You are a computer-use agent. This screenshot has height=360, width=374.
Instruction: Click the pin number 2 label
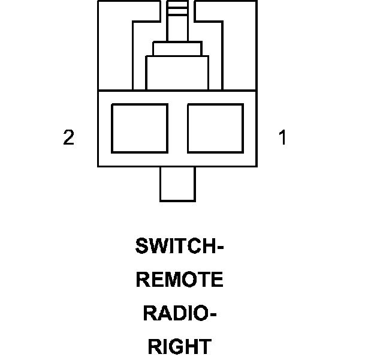click(x=69, y=137)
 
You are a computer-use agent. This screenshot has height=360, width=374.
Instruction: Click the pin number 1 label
click(x=282, y=137)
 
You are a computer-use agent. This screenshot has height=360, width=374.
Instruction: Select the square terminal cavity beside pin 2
click(x=140, y=128)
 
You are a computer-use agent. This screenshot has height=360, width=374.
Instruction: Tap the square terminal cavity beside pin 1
click(x=216, y=128)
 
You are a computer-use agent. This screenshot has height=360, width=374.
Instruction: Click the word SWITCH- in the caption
click(x=179, y=245)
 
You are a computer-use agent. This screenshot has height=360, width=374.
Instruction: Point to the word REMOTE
click(x=180, y=280)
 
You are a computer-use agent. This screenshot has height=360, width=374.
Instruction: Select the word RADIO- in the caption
click(x=180, y=313)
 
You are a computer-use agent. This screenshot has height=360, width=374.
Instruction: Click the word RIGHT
click(x=180, y=346)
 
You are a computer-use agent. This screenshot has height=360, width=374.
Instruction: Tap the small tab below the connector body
click(x=178, y=184)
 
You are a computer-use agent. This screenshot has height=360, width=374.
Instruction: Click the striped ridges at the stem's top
click(x=177, y=8)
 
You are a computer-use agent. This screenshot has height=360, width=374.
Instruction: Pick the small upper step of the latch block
click(x=177, y=49)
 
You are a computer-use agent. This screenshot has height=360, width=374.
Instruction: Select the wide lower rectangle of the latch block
click(x=177, y=73)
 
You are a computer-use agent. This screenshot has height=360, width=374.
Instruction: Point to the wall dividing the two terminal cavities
click(x=178, y=128)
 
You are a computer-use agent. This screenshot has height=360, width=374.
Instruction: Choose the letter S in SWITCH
click(x=142, y=245)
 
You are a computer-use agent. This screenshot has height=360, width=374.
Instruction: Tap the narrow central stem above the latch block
click(x=177, y=29)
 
